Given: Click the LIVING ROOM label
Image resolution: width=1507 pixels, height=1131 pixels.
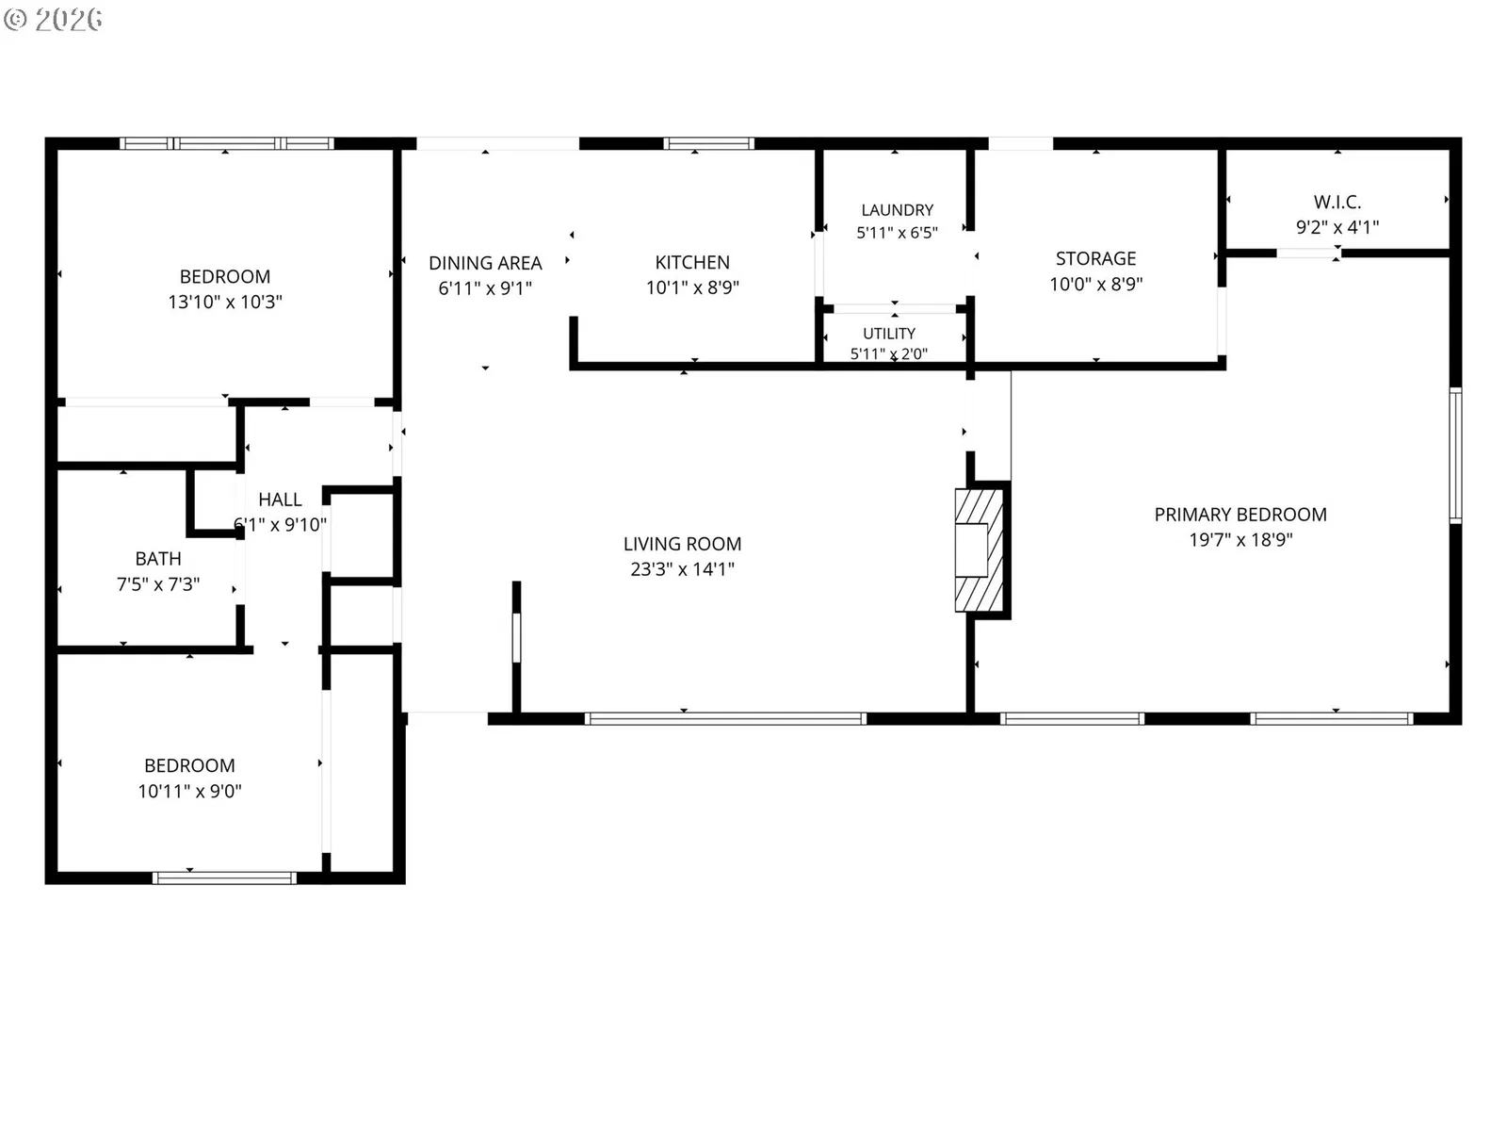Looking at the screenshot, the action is coord(682,544).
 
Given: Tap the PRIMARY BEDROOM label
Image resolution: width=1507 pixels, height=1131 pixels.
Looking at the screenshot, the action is coord(1240,515).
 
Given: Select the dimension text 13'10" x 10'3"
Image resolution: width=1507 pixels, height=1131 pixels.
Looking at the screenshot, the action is coord(225,302).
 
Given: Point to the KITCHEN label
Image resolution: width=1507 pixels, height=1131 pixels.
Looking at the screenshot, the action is coord(692,262).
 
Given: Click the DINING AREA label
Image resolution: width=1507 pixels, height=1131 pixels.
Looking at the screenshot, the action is coord(485,263).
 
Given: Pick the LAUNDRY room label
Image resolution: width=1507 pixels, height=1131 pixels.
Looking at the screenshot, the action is coord(898,210).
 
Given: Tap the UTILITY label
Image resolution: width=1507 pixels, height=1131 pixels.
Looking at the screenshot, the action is coord(889,333).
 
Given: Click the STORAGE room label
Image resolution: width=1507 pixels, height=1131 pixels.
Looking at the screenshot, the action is coord(1095,259).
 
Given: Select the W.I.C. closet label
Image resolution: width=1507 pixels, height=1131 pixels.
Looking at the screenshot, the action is coord(1337,202).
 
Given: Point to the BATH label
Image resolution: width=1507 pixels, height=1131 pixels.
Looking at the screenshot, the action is coord(158,559).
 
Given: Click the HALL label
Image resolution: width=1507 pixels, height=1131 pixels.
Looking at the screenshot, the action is coord(280,500).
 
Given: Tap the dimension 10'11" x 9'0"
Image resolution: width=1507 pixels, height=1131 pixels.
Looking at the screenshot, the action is coord(190,791).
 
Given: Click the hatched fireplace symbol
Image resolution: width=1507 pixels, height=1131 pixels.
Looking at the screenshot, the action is coord(980,550).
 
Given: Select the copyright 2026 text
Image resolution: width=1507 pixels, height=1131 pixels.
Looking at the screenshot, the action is coord(53,19).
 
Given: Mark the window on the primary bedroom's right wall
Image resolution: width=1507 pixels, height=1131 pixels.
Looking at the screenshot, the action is coord(1455,455).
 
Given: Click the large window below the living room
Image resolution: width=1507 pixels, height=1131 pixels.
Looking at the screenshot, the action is coord(725,719).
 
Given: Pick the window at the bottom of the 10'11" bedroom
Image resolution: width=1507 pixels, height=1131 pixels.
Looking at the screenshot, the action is coord(224,877).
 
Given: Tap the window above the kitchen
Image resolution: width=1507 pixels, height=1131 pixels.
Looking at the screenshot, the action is coord(708,143).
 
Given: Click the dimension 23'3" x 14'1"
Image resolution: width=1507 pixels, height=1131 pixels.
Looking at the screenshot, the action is coord(683,569).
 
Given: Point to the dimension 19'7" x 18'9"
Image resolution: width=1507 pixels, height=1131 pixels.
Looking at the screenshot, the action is coord(1240,540).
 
